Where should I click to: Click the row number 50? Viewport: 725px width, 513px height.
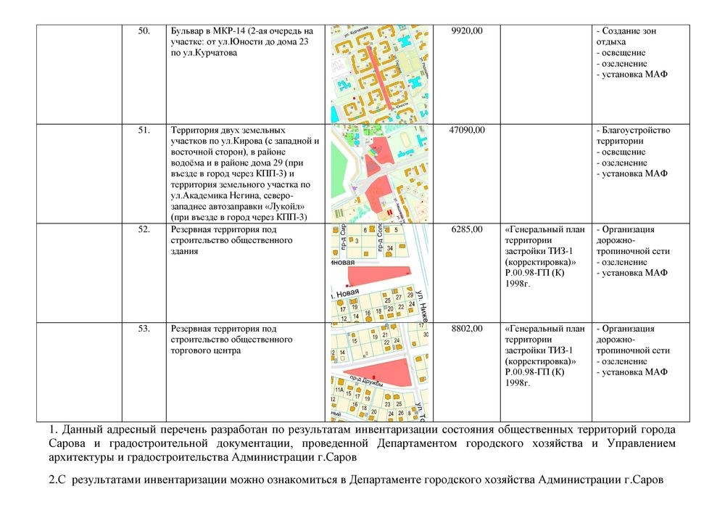coord(144,31)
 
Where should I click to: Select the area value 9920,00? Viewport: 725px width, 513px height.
coord(467,31)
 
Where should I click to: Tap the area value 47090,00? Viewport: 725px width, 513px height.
coord(467,131)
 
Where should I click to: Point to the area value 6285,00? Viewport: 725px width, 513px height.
coord(467,230)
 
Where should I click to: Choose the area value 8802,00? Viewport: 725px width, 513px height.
coord(467,329)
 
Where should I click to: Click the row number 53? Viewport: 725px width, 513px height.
coord(144,329)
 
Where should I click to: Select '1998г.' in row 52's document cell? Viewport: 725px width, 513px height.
coord(518,284)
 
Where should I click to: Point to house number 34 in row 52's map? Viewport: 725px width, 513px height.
coord(389,248)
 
